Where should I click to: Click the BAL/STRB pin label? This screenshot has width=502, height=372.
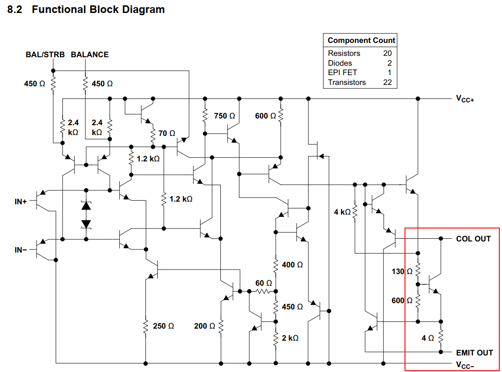(x=45, y=55)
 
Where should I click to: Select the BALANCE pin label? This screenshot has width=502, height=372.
(x=90, y=55)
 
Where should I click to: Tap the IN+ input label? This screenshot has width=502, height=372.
(x=21, y=202)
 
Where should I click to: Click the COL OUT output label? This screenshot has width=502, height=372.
(x=473, y=239)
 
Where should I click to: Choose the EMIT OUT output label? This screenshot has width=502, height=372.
(x=474, y=353)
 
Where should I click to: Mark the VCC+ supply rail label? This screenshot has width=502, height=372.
(x=465, y=99)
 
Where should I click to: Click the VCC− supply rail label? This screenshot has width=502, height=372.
(x=465, y=364)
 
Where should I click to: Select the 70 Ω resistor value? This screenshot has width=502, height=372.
(x=167, y=133)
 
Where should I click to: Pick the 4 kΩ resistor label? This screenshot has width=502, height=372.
(x=342, y=212)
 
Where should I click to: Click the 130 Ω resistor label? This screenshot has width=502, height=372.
(x=402, y=271)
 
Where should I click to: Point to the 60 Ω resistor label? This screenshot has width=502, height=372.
(x=263, y=283)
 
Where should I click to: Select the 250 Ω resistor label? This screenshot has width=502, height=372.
(x=164, y=326)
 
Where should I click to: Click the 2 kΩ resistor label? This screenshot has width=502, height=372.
(x=290, y=338)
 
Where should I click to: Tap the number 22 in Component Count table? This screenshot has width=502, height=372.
(x=387, y=82)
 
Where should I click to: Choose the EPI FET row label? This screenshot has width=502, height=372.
(x=342, y=72)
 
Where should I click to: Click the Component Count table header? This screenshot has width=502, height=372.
(x=361, y=40)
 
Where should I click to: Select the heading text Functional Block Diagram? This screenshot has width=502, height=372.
(x=98, y=9)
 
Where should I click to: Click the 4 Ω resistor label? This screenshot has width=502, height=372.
(x=428, y=338)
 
